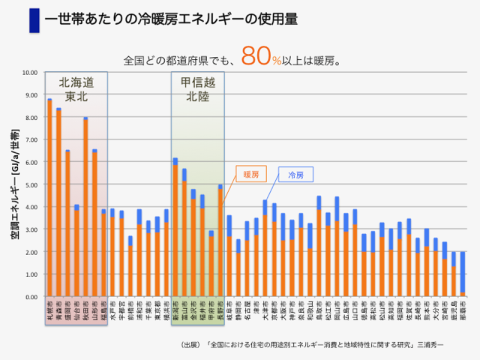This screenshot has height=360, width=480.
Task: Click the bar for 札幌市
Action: tap(49, 198)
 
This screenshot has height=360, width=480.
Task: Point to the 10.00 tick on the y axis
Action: tap(30, 73)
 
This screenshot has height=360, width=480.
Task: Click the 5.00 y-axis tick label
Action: tap(30, 184)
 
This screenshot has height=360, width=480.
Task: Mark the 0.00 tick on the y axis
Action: tap(30, 297)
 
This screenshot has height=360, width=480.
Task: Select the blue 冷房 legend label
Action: tap(296, 175)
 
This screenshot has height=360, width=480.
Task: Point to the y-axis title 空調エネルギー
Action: tap(14, 184)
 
